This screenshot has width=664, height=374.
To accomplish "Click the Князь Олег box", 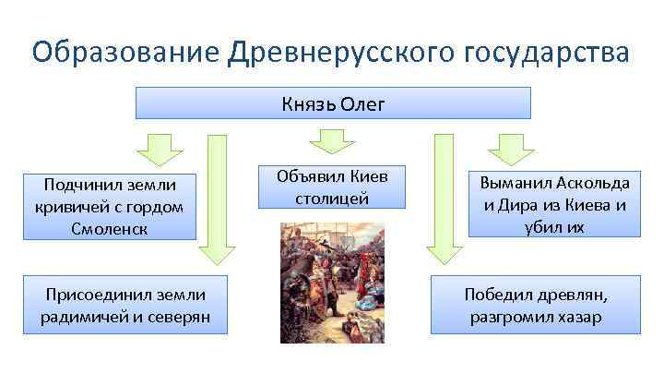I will [333, 103].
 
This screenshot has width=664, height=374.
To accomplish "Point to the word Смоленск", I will [109, 227].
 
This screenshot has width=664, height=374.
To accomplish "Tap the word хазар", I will [578, 317].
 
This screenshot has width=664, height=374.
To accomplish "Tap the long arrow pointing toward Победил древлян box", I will [443, 199].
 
